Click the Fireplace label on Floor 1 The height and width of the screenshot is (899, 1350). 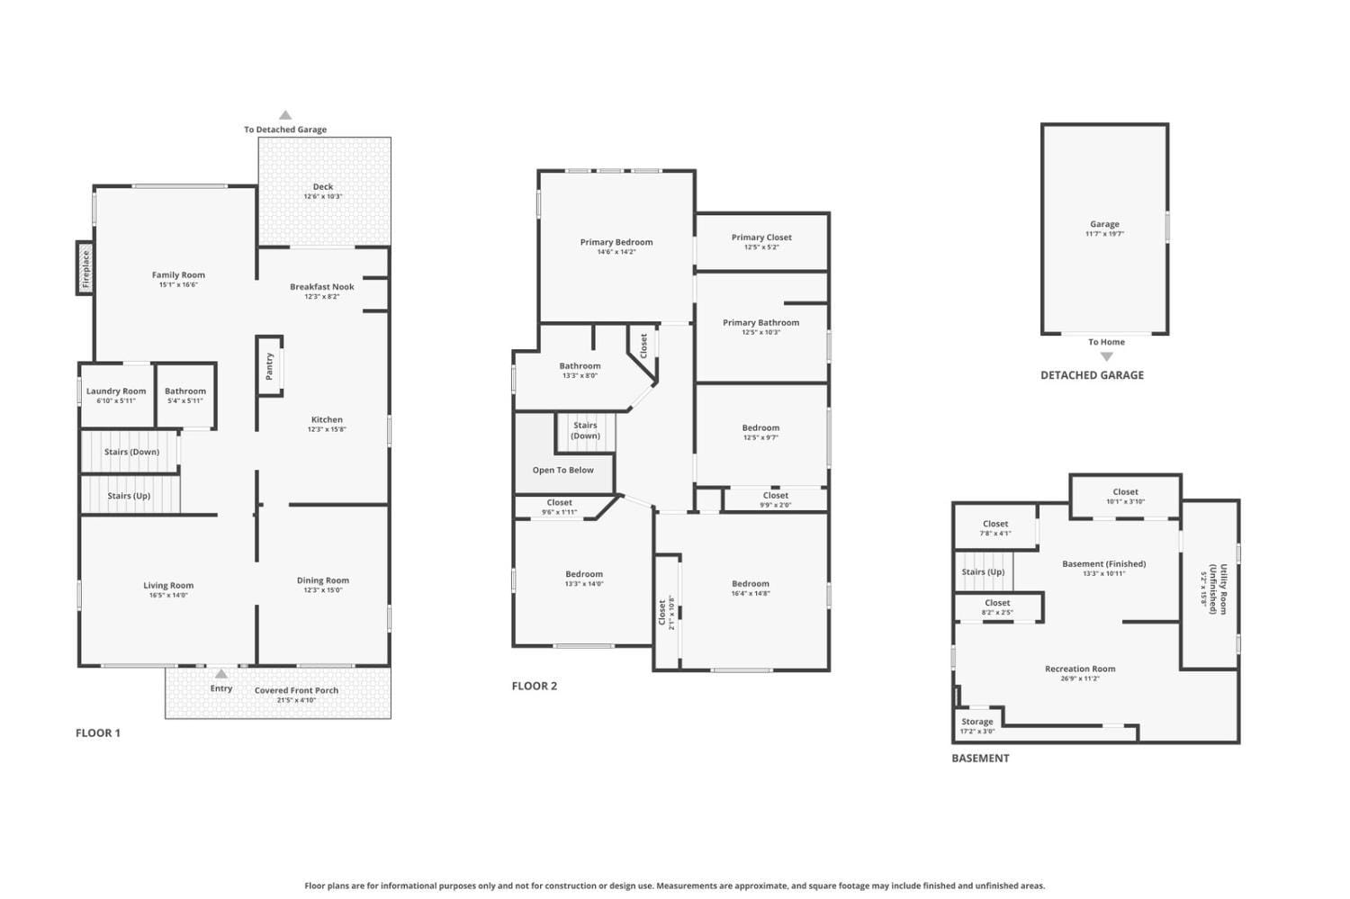tap(86, 268)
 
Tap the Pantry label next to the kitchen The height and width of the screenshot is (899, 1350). tap(269, 365)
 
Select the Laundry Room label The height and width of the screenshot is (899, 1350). tap(116, 391)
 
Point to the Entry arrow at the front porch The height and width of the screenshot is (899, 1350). tap(221, 673)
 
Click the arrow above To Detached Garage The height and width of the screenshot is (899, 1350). tap(285, 115)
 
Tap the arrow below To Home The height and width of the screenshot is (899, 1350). tap(1107, 356)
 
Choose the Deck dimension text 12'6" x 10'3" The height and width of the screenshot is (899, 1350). tap(323, 196)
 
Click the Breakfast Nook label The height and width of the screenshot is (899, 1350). tap(321, 287)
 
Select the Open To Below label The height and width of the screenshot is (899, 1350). tap(562, 470)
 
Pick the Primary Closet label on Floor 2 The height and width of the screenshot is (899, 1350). tap(761, 238)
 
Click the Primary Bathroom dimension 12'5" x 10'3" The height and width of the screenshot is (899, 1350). tap(760, 332)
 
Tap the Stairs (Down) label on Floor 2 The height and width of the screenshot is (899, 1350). tap(585, 430)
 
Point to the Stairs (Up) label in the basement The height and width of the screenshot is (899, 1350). tap(983, 571)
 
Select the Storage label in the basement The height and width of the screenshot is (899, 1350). tap(976, 722)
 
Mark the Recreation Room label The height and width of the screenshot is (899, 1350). tap(1080, 669)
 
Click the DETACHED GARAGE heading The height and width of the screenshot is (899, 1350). tap(1092, 375)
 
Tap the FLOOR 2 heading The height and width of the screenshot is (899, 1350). tap(535, 686)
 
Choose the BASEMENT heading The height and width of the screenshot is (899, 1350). tap(980, 758)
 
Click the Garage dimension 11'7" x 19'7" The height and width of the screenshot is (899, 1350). tap(1104, 234)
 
